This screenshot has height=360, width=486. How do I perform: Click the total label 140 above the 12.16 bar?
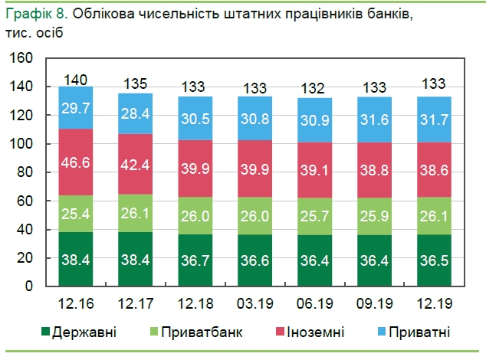(77, 79)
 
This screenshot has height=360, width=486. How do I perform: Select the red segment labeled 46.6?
(77, 162)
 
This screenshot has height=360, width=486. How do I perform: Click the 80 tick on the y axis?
(25, 172)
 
